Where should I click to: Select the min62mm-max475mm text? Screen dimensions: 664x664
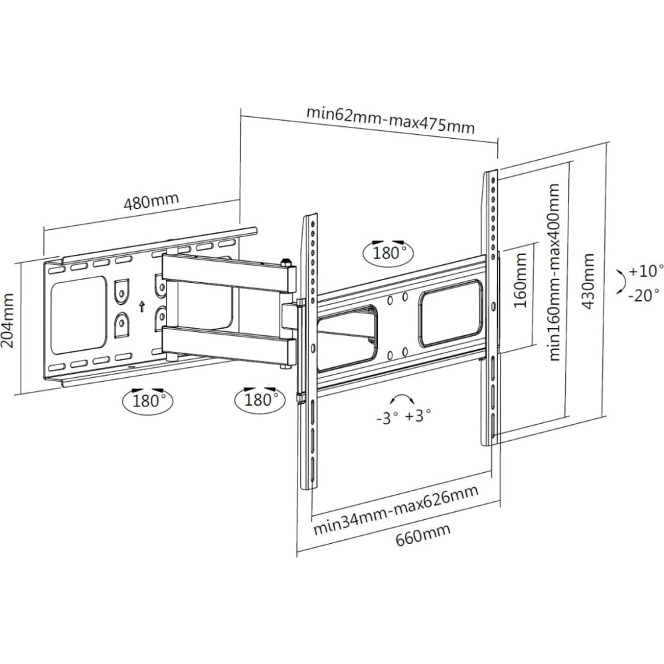point(390,121)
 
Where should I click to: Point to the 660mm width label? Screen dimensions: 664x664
point(423,534)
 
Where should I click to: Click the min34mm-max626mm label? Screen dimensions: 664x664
point(396,511)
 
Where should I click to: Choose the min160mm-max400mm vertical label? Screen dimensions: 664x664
point(554,272)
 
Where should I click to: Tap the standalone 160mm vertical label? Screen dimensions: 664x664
point(520,280)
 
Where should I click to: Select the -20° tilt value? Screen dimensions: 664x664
point(644,295)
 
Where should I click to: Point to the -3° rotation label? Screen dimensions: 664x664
point(387,418)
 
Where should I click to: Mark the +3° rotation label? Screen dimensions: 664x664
point(418,416)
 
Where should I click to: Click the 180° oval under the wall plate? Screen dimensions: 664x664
point(148,400)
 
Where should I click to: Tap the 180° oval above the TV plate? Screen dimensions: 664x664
point(388,253)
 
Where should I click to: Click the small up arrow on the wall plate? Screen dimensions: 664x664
point(142,306)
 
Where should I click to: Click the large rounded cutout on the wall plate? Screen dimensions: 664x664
point(78,315)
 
